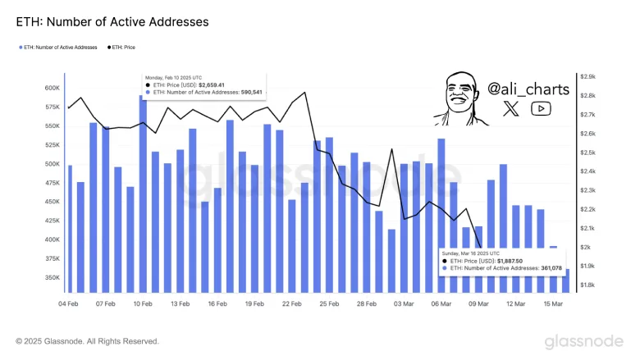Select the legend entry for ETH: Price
coord(122,48)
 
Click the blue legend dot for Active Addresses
coord(21,48)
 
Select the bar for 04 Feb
coord(69,229)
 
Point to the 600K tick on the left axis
coord(51,89)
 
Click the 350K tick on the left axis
coord(51,278)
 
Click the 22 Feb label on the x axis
coord(291,303)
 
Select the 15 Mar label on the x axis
coord(551,303)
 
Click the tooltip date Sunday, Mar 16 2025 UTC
coord(474,250)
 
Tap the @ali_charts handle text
coord(528,88)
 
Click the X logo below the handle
coord(510,108)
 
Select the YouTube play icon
coord(541,108)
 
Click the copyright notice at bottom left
coord(87,341)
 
